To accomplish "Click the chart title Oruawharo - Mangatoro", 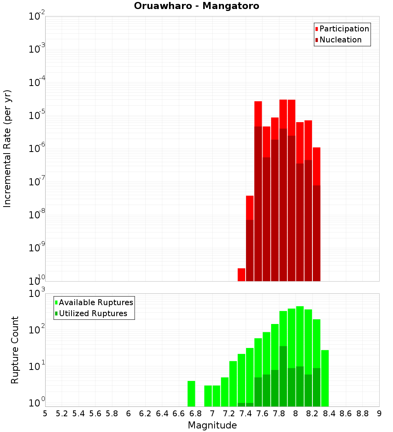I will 196,6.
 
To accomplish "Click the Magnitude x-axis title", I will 212,425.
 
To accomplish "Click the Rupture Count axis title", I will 15,350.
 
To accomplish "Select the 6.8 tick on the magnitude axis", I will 195,414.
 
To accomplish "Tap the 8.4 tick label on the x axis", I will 329,414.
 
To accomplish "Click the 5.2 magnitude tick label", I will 62,414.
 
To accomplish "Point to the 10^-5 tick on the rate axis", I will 36,115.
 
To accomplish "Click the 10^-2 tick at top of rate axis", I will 36,16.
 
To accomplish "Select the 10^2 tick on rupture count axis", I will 37,329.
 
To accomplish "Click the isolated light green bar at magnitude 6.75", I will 191,394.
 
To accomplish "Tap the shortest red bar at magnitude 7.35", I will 241,275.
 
